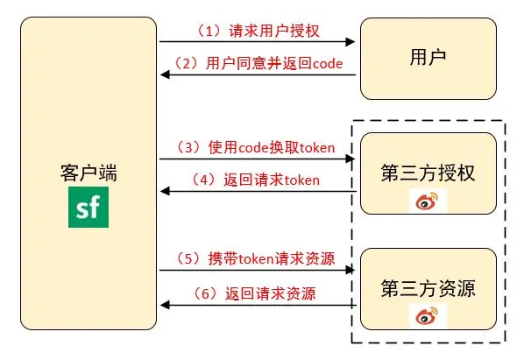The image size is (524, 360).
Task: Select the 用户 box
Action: pos(428,57)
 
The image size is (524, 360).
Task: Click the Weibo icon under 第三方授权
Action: pos(426,202)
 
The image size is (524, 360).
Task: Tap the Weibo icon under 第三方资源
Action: pos(426,316)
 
